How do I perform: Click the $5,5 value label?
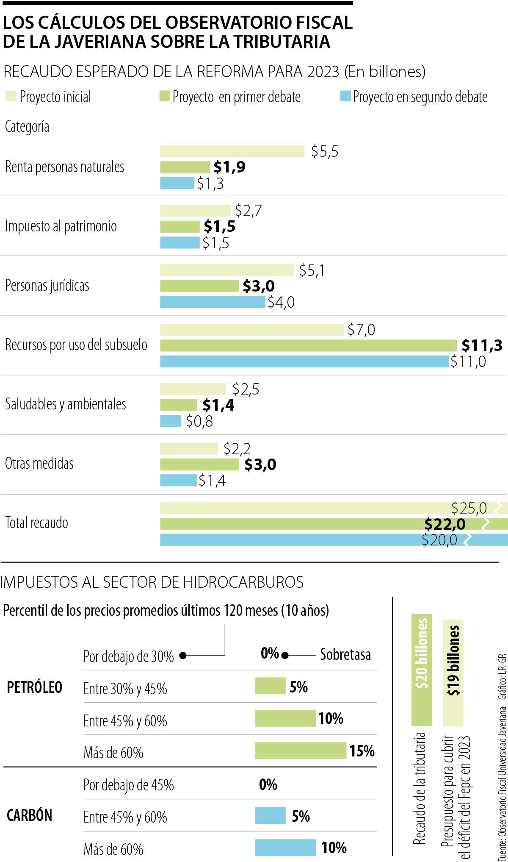click(x=325, y=152)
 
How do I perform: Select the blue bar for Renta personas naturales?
click(x=177, y=183)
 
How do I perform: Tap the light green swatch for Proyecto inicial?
click(x=11, y=96)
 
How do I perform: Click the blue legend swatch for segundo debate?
click(x=345, y=96)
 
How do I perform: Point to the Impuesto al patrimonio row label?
click(x=61, y=226)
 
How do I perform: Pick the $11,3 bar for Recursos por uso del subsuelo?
click(x=308, y=345)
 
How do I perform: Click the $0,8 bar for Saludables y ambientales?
click(x=170, y=421)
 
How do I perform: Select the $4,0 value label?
click(x=281, y=302)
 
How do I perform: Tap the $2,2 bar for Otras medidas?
click(x=189, y=448)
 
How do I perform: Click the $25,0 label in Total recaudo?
click(x=469, y=508)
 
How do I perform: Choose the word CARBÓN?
click(x=29, y=815)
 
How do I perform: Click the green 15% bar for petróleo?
click(x=300, y=751)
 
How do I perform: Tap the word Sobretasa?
click(x=345, y=655)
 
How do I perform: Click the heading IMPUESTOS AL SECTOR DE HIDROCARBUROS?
click(x=152, y=582)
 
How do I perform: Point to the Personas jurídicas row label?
click(x=47, y=286)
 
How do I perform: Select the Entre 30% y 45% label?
click(x=125, y=689)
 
